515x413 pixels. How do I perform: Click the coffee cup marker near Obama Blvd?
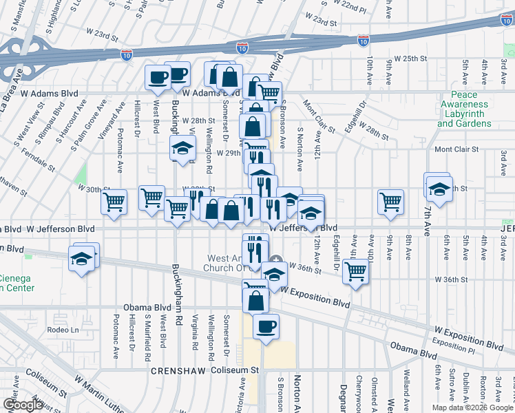[x=266, y=327]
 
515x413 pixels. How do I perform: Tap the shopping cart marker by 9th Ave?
[x=390, y=202]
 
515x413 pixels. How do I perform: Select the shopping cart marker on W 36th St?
[x=355, y=271]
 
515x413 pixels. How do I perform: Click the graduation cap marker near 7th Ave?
[x=439, y=187]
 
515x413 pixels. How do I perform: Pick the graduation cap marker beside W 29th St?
[x=182, y=148]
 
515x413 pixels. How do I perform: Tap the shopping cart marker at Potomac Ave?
[x=114, y=202]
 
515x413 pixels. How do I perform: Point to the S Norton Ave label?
[x=299, y=148]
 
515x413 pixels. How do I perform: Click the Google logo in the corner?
[x=23, y=405]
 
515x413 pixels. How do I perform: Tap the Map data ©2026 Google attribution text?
[x=471, y=407]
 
